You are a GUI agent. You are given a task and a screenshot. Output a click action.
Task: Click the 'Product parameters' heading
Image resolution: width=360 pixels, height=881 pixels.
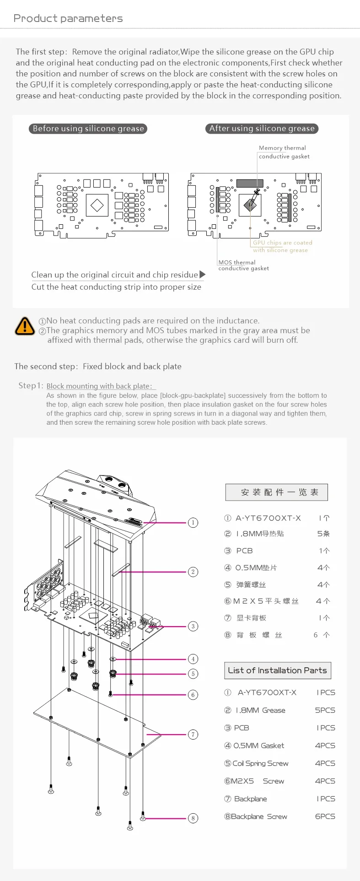point(68,18)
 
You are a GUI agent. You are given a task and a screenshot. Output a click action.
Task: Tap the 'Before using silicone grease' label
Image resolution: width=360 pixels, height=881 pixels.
point(88,129)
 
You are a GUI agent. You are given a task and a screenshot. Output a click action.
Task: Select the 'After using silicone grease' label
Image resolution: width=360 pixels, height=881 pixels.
point(262,129)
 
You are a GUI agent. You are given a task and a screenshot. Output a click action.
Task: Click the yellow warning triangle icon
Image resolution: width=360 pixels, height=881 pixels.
point(25,326)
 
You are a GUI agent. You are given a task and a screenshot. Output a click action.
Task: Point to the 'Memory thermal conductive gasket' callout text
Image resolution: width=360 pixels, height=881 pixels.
point(284,152)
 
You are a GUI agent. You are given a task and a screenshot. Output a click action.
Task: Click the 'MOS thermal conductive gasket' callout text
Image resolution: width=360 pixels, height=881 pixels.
point(243,265)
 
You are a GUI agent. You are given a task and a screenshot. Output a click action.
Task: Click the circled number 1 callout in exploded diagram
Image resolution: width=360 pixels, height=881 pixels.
point(193,523)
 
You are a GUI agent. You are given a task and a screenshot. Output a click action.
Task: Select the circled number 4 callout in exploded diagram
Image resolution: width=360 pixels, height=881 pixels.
point(193,659)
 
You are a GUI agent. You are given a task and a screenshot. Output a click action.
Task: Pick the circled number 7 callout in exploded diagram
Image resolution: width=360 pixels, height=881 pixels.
point(193,735)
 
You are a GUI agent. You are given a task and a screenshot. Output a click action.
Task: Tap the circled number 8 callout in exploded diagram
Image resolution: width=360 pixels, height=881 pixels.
point(193,818)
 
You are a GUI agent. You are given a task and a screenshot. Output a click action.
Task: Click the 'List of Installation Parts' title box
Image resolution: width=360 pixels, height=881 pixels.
point(277,670)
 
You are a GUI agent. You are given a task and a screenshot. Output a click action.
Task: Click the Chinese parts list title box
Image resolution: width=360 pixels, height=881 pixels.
point(277,492)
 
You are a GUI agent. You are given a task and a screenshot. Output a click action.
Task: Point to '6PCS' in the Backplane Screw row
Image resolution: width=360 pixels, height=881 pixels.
point(325,816)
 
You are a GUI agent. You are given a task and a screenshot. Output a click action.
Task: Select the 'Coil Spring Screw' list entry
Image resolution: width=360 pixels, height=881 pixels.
point(260,763)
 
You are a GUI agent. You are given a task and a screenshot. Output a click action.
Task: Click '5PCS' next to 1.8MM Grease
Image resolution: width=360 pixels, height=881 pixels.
point(325,710)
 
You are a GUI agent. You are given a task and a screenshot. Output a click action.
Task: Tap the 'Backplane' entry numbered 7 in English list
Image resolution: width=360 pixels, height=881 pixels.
point(250,799)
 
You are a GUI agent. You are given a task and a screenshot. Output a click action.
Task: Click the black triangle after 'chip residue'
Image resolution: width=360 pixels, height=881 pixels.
point(203,275)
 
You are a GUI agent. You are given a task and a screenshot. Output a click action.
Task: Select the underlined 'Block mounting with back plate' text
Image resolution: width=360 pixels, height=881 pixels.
point(101,386)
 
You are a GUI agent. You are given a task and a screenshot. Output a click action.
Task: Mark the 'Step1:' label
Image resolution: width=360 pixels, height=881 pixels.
point(31,385)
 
